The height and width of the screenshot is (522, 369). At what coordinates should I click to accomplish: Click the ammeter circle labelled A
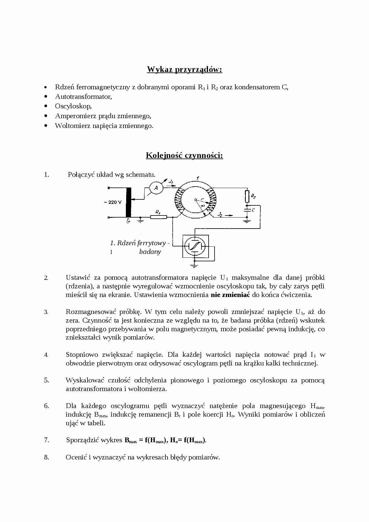click(156, 188)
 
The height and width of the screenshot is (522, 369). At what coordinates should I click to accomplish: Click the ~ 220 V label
click(113, 202)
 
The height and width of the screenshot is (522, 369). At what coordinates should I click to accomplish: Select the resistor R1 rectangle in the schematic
click(158, 217)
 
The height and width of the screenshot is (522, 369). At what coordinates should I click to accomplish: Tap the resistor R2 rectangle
click(247, 196)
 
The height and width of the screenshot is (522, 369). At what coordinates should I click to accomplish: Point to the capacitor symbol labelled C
click(247, 210)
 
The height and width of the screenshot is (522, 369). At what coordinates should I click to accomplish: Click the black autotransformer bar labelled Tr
click(129, 202)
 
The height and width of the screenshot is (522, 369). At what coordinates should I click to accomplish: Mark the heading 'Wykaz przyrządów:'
click(185, 70)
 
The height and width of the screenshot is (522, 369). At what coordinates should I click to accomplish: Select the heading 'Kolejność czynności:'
click(185, 156)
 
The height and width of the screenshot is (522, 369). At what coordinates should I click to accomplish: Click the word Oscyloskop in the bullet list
click(73, 106)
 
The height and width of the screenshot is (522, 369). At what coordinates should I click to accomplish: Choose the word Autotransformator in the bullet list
click(83, 97)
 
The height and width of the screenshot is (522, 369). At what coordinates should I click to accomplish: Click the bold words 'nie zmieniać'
click(230, 295)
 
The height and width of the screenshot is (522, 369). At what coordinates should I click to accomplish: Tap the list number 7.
click(46, 440)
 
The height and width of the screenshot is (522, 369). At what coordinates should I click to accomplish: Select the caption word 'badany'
click(150, 252)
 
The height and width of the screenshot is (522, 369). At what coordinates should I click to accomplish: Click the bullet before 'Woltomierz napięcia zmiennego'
click(46, 126)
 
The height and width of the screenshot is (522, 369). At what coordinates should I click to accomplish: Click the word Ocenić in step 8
click(76, 457)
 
